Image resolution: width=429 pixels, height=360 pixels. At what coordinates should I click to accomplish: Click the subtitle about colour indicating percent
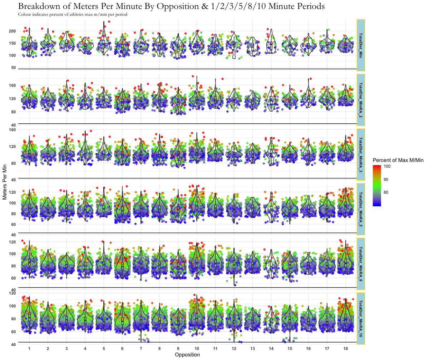point(73,15)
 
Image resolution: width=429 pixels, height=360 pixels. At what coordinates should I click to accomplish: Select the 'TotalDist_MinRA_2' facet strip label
point(360,99)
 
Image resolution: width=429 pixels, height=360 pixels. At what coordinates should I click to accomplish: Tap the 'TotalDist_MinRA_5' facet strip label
point(360,208)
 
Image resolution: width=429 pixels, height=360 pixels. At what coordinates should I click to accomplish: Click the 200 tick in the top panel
point(12,31)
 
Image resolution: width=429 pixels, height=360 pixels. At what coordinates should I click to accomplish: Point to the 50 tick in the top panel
point(14,68)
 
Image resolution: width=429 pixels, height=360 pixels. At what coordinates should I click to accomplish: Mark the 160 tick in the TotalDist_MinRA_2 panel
point(12,86)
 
